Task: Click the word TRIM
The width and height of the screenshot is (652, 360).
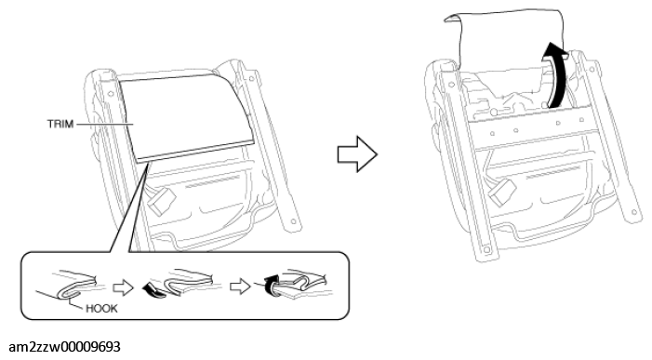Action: (60, 124)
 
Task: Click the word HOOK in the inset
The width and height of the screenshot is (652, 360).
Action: (101, 309)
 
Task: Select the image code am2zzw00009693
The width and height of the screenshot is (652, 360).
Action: (64, 347)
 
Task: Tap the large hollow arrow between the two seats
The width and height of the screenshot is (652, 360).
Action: (357, 154)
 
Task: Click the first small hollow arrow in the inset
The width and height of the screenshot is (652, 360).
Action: (123, 287)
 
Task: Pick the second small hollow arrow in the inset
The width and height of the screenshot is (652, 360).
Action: (240, 287)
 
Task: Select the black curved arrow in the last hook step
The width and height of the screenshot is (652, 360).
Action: (272, 285)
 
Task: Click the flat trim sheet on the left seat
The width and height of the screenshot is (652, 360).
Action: (187, 116)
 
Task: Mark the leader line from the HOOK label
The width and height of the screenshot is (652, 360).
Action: (75, 302)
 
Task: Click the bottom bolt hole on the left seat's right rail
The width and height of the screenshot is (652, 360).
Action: (293, 221)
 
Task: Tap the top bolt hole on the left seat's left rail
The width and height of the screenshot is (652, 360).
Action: (110, 94)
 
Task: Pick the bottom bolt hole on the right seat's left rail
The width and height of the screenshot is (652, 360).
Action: (486, 250)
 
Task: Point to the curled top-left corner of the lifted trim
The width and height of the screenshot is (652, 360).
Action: (452, 19)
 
